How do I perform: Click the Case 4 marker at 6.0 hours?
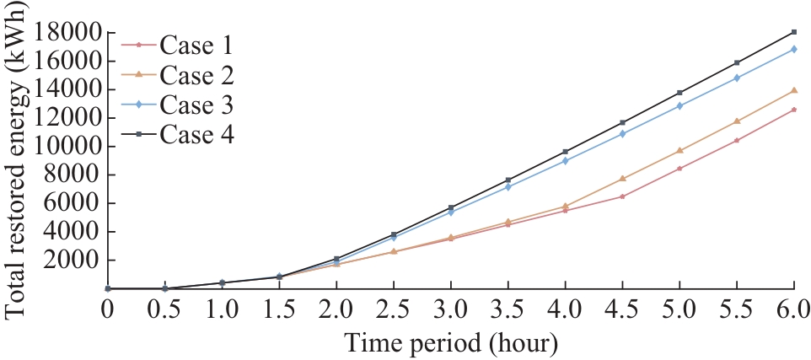[793, 32]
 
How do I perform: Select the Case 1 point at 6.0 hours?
[793, 110]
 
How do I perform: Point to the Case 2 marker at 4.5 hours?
[622, 179]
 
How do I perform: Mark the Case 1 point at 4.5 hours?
[622, 196]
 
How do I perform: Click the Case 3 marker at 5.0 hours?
[679, 106]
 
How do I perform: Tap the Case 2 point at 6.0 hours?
[793, 90]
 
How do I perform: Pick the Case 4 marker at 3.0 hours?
[450, 207]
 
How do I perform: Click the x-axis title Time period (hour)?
[450, 343]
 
